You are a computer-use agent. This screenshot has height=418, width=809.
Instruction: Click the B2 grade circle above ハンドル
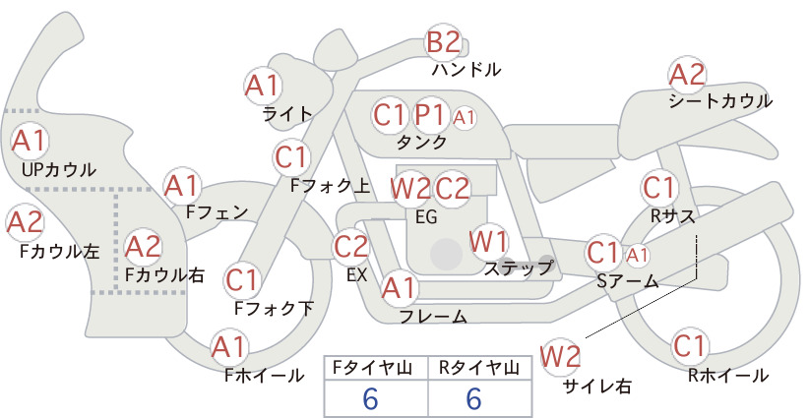pos(443,42)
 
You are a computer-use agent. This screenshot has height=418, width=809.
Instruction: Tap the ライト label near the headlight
pos(287,114)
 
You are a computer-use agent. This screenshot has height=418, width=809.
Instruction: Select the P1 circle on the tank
pos(430,115)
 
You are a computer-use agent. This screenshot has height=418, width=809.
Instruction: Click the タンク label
pos(421,142)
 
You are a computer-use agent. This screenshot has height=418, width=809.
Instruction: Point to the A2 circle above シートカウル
pos(687,75)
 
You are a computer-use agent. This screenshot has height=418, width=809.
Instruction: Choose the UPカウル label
pos(59,169)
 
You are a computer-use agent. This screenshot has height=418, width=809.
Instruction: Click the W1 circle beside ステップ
pos(488,241)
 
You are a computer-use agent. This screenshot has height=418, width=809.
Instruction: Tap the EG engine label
pos(426,217)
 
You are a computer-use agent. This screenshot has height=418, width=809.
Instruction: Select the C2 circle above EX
pos(350,246)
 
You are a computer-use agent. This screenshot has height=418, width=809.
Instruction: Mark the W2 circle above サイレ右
pos(560,357)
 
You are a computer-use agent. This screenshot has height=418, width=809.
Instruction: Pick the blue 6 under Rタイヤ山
pos(473,398)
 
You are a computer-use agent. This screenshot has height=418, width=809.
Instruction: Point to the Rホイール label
pos(728,376)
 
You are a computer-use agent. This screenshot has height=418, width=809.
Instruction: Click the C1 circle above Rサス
pos(657,188)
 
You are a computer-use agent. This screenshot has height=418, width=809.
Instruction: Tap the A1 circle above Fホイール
pos(228,347)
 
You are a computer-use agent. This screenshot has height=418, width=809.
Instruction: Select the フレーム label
pos(433,316)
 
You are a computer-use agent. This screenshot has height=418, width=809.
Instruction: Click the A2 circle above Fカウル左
pos(26,222)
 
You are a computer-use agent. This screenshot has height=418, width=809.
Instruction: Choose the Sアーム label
pos(628,281)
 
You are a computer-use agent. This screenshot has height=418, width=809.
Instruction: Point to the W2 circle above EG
pos(410,189)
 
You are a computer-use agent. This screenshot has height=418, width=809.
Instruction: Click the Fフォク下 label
pos(274,308)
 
